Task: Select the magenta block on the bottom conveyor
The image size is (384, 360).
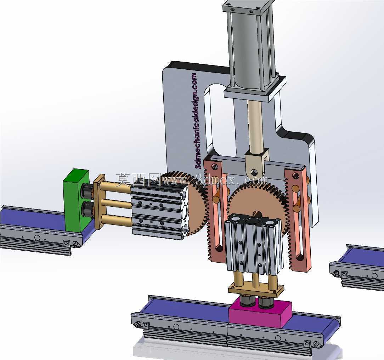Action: coord(260,314)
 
